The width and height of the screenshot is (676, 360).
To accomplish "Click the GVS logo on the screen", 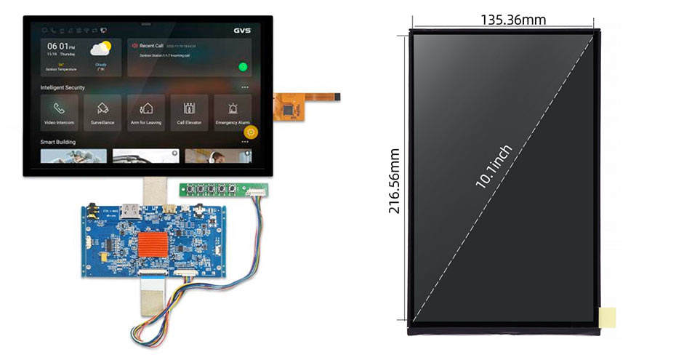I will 242,31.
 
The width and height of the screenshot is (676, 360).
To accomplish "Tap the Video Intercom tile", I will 60,112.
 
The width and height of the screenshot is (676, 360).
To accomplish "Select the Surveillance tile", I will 102,112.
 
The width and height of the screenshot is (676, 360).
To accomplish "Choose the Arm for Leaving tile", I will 146,112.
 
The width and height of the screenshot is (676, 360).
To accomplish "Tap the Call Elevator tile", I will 189,112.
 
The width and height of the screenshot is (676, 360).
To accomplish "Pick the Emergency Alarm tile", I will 232,112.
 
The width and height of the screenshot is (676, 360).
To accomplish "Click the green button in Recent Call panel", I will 242,68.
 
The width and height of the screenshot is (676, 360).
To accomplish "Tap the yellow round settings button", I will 251,132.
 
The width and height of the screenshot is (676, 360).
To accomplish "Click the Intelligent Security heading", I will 63,87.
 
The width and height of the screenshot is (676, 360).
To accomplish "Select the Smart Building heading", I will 58,142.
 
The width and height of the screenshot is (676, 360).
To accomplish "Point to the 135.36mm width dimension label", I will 512,20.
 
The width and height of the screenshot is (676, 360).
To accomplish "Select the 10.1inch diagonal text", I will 495,167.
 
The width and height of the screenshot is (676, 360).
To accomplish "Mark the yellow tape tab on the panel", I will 607,316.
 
